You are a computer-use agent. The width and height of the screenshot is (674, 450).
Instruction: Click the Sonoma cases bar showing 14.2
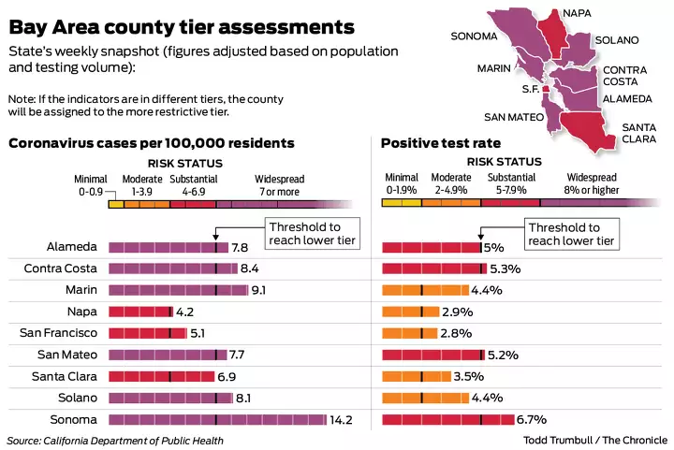tap(217, 420)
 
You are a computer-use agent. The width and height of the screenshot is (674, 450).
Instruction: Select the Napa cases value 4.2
tap(185, 312)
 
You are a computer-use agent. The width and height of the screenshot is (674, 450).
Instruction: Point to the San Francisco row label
tap(57, 333)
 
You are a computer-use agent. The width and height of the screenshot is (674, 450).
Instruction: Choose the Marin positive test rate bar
tap(425, 290)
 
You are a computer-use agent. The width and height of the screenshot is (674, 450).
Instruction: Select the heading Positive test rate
tap(440, 143)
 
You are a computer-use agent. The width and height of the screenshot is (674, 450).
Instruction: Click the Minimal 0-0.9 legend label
tap(92, 185)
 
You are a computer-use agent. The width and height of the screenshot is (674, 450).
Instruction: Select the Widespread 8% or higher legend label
tap(593, 183)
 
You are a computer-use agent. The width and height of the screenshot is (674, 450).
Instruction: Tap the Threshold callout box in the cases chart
tap(304, 234)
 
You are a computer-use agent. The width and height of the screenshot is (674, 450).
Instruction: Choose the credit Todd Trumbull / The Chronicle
tap(595, 440)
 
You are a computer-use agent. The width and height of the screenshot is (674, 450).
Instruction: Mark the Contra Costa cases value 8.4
tap(250, 269)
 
